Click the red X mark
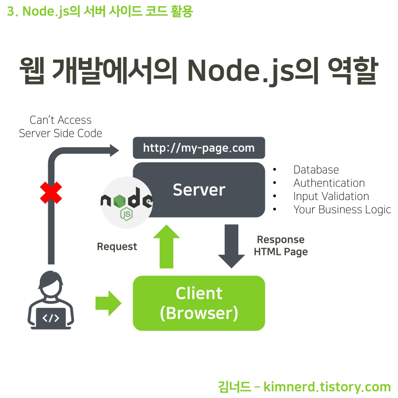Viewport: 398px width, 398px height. click(x=51, y=193)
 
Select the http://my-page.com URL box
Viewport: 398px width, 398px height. click(x=199, y=148)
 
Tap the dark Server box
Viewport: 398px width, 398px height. click(x=199, y=190)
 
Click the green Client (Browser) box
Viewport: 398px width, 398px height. click(x=199, y=303)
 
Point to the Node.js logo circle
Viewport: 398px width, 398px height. click(x=126, y=203)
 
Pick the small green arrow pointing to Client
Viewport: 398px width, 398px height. click(x=108, y=303)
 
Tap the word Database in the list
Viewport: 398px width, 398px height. click(x=316, y=170)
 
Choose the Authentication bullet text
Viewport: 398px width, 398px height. click(x=329, y=183)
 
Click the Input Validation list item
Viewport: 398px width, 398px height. click(x=331, y=196)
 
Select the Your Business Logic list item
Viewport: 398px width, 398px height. click(x=342, y=210)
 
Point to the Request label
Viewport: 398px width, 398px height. click(x=117, y=247)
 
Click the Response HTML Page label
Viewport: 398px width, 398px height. click(x=281, y=246)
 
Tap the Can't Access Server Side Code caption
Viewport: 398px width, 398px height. click(x=61, y=126)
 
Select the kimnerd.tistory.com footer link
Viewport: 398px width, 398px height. click(x=327, y=387)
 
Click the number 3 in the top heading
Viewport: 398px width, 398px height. click(x=11, y=11)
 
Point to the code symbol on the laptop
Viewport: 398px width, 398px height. click(x=50, y=318)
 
